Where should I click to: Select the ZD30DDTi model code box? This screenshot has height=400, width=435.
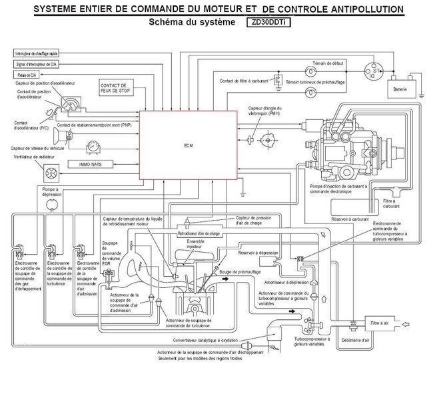[x=273, y=22]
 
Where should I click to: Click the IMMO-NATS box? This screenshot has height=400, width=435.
[x=94, y=163]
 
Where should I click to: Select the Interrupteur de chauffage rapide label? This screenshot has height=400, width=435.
[x=38, y=51]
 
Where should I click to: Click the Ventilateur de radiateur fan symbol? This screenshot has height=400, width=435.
[x=48, y=172]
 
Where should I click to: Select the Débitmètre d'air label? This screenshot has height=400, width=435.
[x=365, y=340]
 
